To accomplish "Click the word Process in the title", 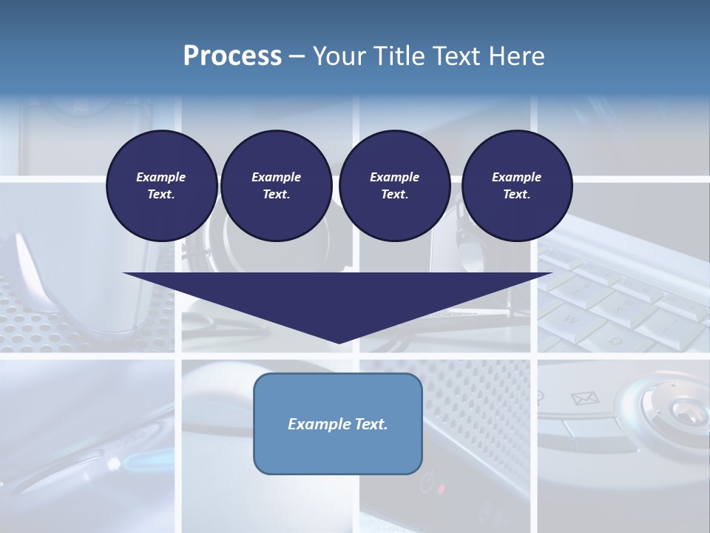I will coord(232,56).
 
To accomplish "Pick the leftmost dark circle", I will coord(162,185).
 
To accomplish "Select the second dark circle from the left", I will coord(276,185).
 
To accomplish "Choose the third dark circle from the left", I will coord(394,185).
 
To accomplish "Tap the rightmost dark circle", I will coord(517,185).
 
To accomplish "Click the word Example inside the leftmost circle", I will coord(161,177).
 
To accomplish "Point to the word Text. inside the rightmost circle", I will coord(517,194).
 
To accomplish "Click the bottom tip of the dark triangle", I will coord(339,342).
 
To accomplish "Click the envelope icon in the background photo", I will coord(584,399).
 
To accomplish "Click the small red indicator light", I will coord(442,489).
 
